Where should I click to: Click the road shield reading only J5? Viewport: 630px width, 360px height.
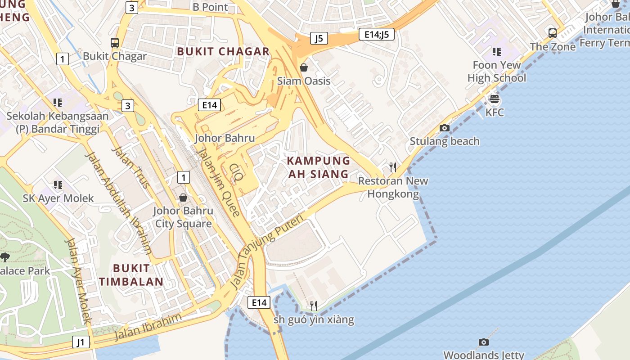[x=319, y=38]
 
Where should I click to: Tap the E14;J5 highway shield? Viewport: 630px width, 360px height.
[x=377, y=34]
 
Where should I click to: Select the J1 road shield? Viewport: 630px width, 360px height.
[x=81, y=342]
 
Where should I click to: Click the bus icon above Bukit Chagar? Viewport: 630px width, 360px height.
[x=115, y=43]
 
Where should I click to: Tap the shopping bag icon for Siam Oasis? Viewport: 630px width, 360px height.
[x=304, y=67]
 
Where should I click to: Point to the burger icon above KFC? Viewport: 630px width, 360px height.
[x=495, y=99]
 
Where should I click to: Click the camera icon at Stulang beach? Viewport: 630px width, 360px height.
[x=445, y=128]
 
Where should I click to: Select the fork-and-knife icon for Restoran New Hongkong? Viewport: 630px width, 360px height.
[x=393, y=167]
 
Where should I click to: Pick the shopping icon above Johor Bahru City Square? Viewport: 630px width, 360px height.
[x=183, y=198]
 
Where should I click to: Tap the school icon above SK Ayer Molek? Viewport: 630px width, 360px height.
[x=58, y=185]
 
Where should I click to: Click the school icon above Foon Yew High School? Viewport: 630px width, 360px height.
[x=497, y=52]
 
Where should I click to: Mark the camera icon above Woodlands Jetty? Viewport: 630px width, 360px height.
[x=484, y=342]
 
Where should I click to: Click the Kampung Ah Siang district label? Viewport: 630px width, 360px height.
[x=318, y=167]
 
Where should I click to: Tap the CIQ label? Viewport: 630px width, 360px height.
[x=236, y=172]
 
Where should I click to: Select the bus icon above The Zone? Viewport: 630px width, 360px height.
[x=553, y=33]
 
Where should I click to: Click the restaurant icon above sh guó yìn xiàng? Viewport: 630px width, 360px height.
[x=314, y=306]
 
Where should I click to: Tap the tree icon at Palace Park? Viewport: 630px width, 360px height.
[x=5, y=257]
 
